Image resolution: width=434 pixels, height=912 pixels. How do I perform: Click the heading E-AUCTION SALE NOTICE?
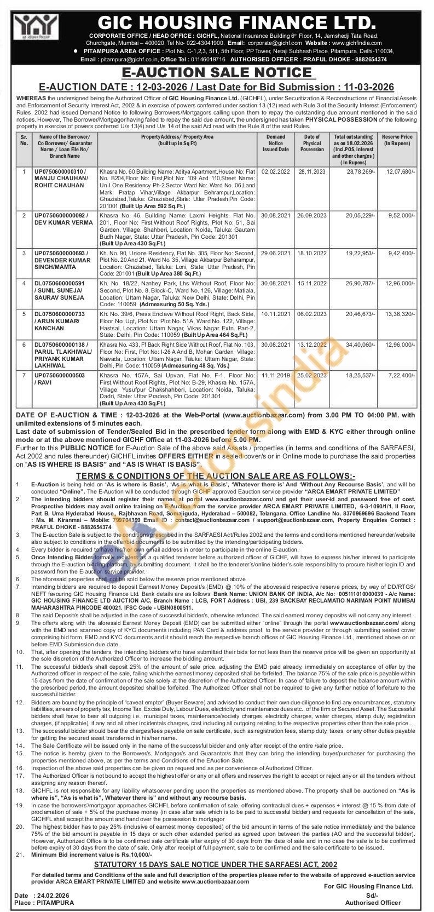click(x=217, y=73)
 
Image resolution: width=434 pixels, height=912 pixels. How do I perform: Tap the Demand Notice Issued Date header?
click(x=275, y=142)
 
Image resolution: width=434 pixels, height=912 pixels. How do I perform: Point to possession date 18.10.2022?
click(x=311, y=253)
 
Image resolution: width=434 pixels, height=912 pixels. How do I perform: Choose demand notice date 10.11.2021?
click(x=275, y=313)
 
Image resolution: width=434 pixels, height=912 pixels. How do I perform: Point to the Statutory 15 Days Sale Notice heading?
click(x=216, y=864)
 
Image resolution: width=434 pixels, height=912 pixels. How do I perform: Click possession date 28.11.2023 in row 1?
click(x=311, y=172)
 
